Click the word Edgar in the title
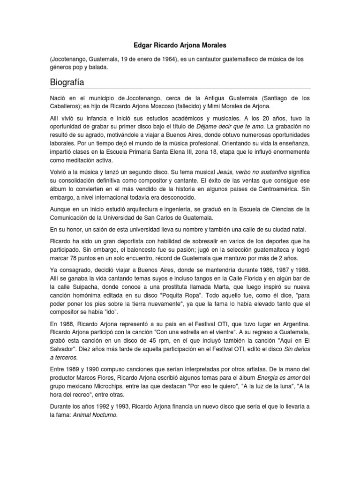(138, 45)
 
